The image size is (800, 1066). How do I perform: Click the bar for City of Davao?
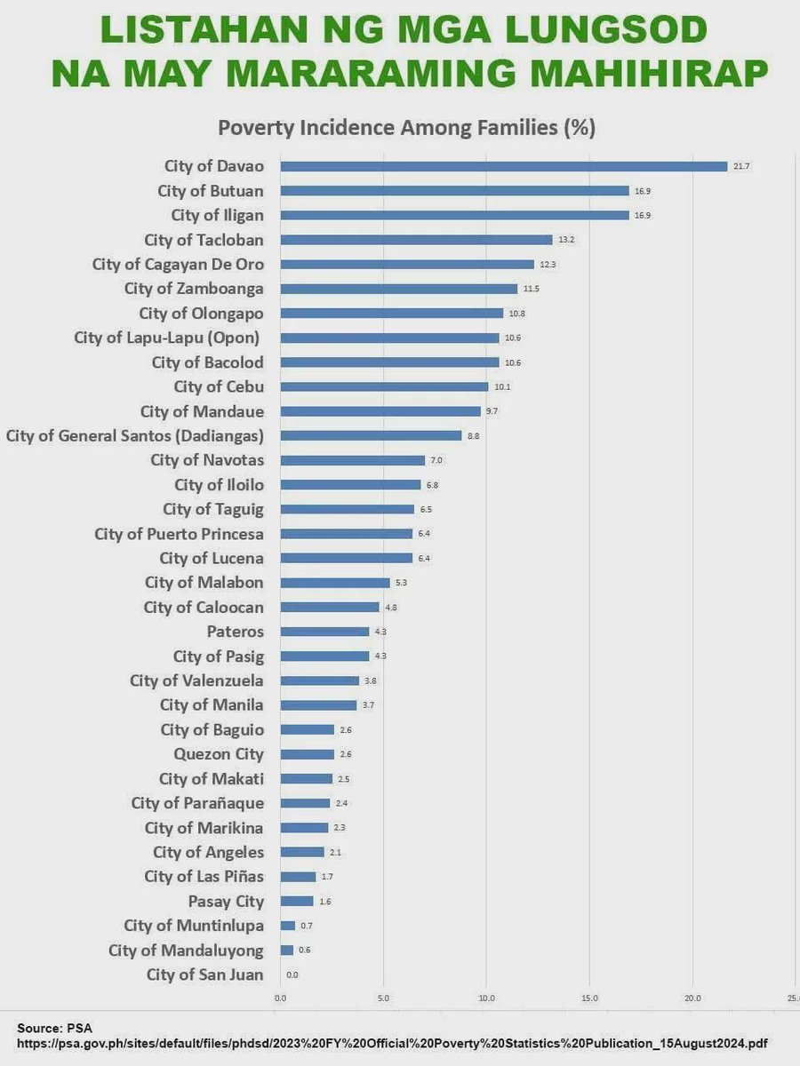(x=503, y=166)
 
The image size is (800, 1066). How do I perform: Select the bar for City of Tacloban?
(x=416, y=240)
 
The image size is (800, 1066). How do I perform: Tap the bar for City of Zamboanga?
(x=398, y=289)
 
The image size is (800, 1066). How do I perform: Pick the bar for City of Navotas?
(x=352, y=460)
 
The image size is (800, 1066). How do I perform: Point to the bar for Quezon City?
(x=307, y=754)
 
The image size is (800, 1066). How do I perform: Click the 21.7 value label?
(x=741, y=166)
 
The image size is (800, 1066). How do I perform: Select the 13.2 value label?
(x=565, y=240)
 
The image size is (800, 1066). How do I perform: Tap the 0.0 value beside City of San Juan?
(x=292, y=975)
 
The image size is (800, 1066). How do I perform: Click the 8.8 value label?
(x=474, y=435)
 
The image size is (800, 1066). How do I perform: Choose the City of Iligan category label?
(x=217, y=215)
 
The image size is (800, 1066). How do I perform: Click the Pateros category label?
(x=235, y=632)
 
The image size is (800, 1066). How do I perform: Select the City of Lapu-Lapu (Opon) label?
(x=167, y=338)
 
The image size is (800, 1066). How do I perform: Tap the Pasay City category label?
(x=226, y=901)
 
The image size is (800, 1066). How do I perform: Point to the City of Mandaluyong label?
(x=186, y=950)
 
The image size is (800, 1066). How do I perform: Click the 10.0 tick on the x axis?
(x=485, y=998)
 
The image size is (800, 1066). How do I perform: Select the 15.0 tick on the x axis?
(x=588, y=998)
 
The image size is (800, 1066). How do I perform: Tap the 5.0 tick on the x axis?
(x=383, y=998)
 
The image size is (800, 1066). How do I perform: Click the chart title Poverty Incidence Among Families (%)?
(x=406, y=127)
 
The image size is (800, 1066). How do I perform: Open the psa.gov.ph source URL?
(x=392, y=1043)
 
